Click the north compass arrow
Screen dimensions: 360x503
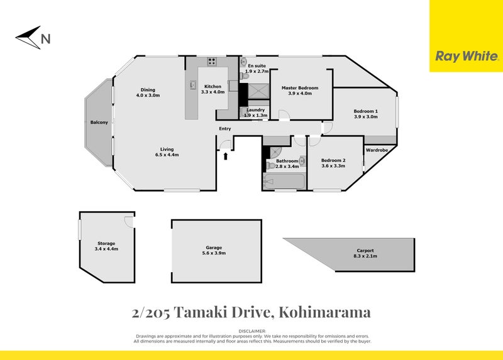[x=28, y=35]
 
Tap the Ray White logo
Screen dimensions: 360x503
[x=466, y=56]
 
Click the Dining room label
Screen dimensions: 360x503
[x=148, y=89]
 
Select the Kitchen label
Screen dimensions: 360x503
[x=212, y=86]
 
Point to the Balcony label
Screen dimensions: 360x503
[x=99, y=122]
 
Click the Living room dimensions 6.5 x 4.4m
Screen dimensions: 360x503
[x=167, y=155]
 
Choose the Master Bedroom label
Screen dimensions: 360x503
[x=299, y=88]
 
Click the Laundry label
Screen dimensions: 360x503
[x=255, y=110]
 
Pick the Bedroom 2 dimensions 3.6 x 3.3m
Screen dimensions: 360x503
[x=333, y=166]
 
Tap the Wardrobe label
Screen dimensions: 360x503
[x=376, y=150]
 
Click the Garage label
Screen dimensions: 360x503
[x=217, y=248]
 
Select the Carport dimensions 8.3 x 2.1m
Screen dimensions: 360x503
[x=365, y=256]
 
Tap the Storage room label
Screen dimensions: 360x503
[x=106, y=243]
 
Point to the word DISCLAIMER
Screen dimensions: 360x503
[x=253, y=330]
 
